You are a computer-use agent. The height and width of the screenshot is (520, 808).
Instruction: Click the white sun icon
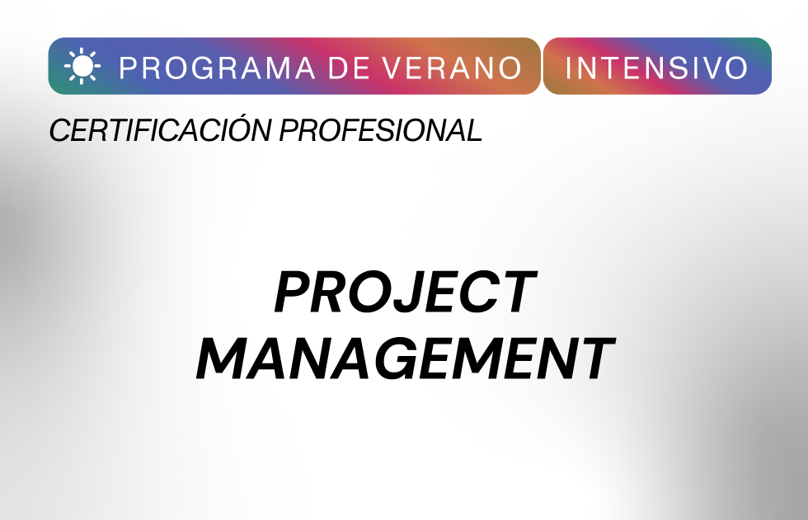coord(82,66)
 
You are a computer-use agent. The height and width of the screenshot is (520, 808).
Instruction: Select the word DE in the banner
coord(349,68)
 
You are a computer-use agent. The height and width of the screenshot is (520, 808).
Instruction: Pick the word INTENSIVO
coord(656,68)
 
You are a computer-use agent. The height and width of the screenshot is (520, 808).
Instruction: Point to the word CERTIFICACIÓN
coord(160,129)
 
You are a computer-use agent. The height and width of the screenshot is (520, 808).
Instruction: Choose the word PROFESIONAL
coord(381,129)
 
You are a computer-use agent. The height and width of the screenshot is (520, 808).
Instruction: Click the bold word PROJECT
coord(406,292)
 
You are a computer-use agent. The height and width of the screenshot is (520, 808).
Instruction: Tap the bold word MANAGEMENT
coord(406,358)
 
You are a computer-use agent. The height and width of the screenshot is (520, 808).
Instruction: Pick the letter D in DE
coord(339,68)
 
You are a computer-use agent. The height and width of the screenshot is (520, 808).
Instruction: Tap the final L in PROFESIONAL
coord(472,129)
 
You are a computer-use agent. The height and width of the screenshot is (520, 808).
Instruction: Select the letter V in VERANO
coord(396,68)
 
